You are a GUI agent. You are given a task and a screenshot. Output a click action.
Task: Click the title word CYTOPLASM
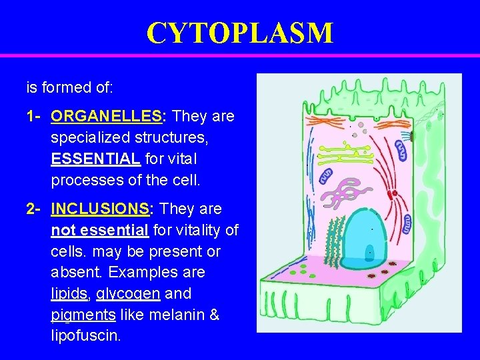click(x=239, y=32)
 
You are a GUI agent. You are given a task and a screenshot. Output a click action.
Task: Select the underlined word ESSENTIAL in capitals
click(x=95, y=159)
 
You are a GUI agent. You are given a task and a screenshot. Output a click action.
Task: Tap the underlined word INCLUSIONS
click(x=100, y=209)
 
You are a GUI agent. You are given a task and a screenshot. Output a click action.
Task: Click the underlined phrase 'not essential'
click(x=100, y=231)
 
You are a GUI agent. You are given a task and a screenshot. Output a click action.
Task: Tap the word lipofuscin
click(x=85, y=335)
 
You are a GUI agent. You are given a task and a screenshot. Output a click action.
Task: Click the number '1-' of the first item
click(x=35, y=117)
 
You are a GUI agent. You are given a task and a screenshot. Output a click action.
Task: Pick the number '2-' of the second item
click(x=35, y=209)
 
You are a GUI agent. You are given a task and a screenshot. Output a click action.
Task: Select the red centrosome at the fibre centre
click(x=394, y=193)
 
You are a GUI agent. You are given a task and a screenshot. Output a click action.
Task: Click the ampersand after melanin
click(x=214, y=314)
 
